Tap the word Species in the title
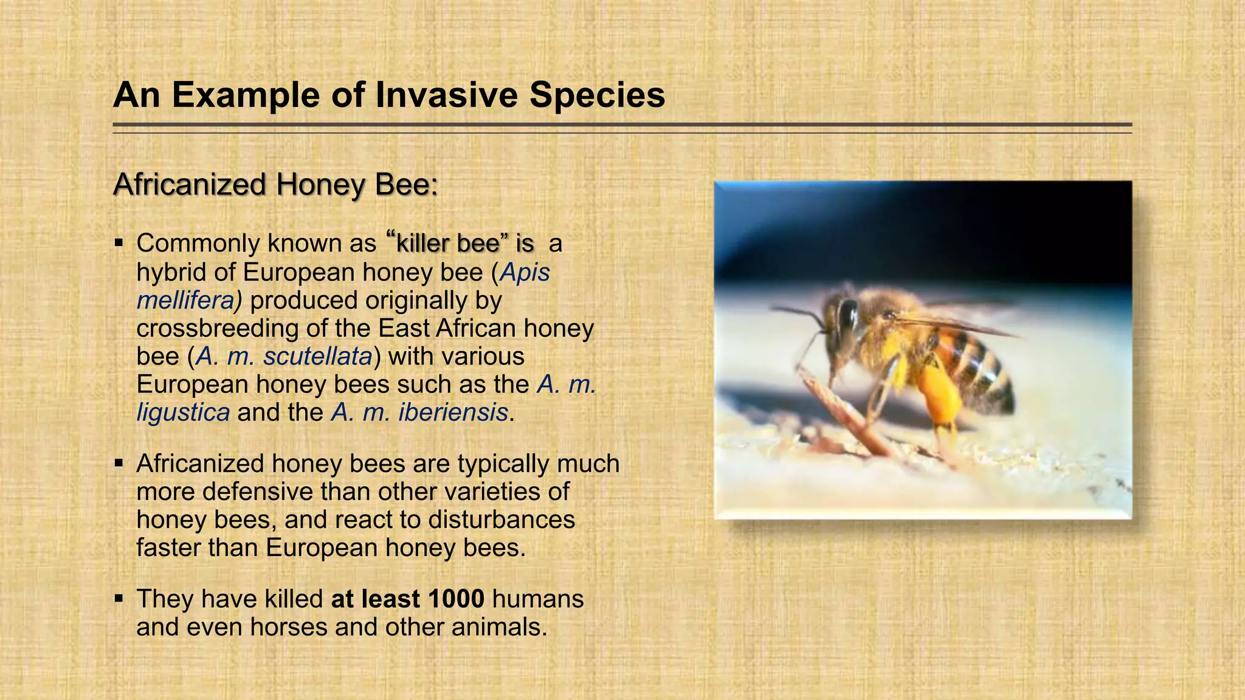click(597, 95)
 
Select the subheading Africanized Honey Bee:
click(275, 184)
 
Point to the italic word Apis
click(525, 272)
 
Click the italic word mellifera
click(186, 300)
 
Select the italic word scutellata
click(317, 356)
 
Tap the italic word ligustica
click(183, 412)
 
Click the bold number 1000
click(456, 599)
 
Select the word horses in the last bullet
click(289, 626)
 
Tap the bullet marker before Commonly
click(119, 244)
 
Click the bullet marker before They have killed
click(119, 599)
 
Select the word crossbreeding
click(218, 328)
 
